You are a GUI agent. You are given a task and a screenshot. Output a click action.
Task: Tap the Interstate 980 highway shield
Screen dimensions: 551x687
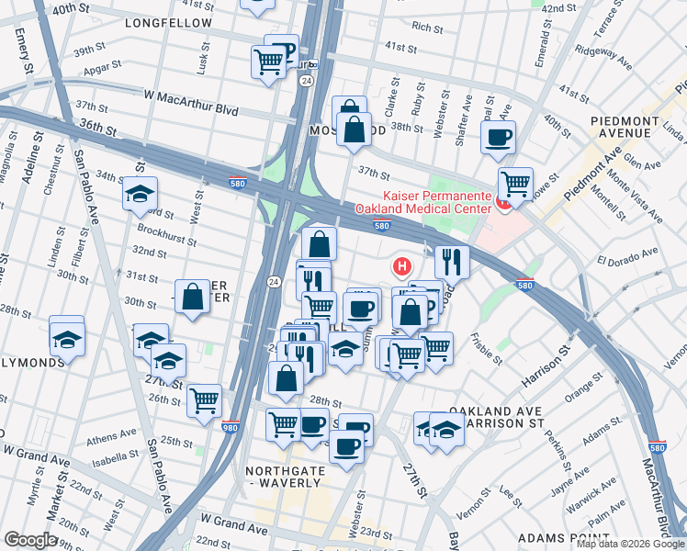(231, 427)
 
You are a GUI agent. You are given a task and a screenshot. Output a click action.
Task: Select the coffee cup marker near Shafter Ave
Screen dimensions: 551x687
(498, 138)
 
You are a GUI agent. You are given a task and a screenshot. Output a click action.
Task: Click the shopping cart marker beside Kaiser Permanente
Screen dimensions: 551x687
(516, 183)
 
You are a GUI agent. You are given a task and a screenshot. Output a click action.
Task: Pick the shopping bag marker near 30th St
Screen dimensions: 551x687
(192, 297)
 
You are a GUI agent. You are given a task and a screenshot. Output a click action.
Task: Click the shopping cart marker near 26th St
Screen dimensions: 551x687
(204, 399)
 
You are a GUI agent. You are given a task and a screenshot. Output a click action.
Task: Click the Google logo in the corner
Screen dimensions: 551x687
(31, 540)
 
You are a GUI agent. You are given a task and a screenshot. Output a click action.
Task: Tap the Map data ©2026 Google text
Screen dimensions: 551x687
(629, 544)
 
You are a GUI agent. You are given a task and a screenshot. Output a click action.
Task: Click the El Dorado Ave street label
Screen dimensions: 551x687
(627, 254)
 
